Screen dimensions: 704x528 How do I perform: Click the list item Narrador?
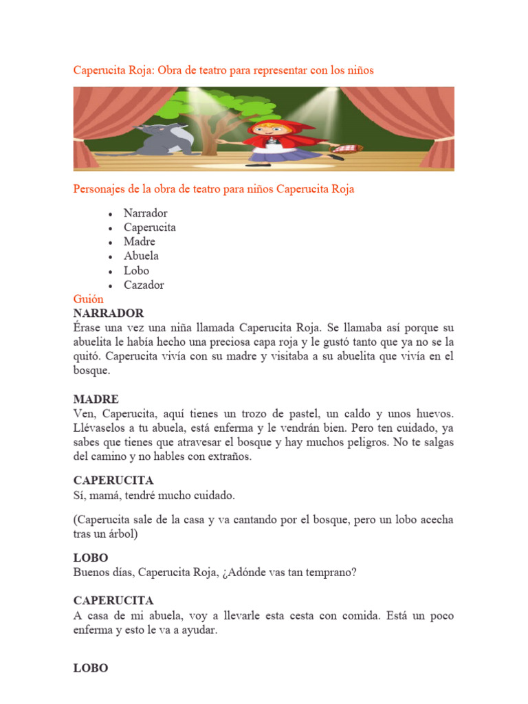click(145, 213)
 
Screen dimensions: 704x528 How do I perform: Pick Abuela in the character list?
click(141, 256)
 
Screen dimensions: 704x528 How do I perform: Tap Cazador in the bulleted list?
click(144, 285)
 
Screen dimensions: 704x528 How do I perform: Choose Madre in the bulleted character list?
click(140, 241)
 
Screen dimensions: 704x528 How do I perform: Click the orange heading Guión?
click(89, 299)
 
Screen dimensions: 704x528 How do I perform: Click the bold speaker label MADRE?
click(96, 399)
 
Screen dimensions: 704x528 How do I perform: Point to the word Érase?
click(89, 328)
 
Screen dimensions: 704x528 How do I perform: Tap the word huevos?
click(434, 414)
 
